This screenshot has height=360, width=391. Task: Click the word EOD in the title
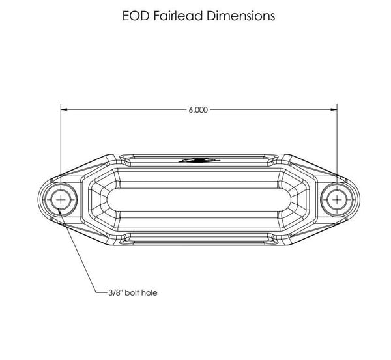click(136, 16)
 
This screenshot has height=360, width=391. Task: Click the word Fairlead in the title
click(178, 16)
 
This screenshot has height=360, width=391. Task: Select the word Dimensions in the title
click(241, 16)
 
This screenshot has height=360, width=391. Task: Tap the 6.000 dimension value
click(198, 110)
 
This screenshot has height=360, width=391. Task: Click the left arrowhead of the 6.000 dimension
click(65, 109)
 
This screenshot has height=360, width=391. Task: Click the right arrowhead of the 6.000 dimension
click(334, 109)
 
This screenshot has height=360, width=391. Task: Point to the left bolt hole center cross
click(61, 200)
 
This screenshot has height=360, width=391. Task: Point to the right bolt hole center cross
click(337, 200)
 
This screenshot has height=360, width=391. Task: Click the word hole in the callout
click(149, 292)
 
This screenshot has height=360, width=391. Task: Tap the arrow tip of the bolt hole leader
click(58, 209)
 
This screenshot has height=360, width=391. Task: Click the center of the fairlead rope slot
click(199, 200)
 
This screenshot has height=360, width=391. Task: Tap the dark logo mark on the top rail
click(199, 160)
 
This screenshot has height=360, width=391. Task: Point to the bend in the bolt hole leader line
click(96, 292)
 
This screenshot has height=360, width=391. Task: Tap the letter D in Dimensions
click(211, 16)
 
